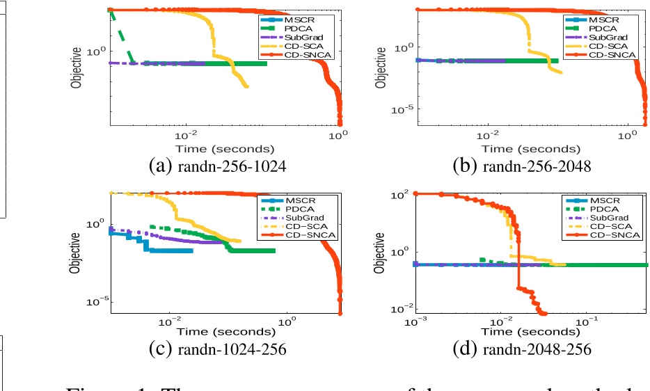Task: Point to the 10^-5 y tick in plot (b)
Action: coord(402,109)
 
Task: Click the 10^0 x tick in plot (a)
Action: coord(339,136)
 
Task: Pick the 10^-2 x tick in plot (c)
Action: coord(171,321)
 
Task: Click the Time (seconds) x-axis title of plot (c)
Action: coord(224,333)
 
